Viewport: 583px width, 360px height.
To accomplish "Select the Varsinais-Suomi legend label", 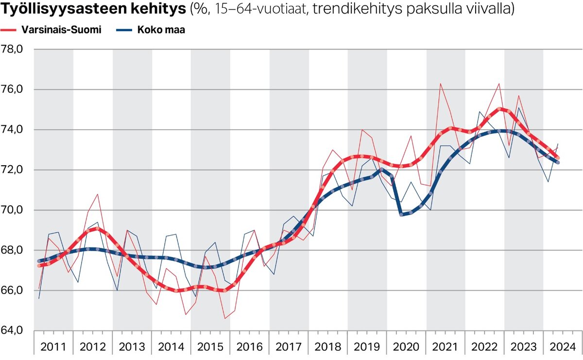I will click(x=61, y=30).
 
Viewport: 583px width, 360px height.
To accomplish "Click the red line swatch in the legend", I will click(x=9, y=30).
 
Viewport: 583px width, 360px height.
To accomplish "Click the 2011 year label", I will click(x=53, y=347).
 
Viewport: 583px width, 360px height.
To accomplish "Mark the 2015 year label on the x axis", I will click(x=210, y=347).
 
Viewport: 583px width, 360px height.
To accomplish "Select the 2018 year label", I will click(x=328, y=347).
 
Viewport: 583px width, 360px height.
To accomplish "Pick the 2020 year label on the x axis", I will click(x=406, y=347).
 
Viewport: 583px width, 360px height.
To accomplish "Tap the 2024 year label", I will click(x=563, y=347).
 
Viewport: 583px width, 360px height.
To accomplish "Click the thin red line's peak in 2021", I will click(x=441, y=84).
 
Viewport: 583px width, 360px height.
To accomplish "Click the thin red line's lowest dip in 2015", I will click(x=225, y=319).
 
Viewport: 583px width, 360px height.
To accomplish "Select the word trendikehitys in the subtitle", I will click(x=348, y=9).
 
